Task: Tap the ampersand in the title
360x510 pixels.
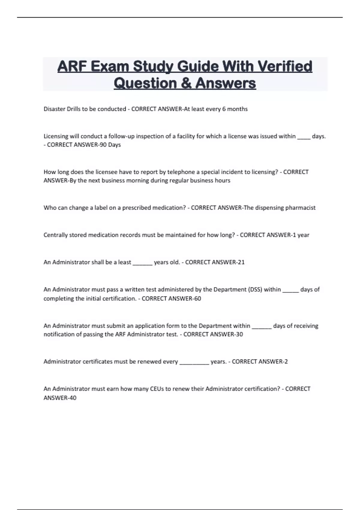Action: [x=186, y=83]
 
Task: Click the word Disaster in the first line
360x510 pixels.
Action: [x=54, y=109]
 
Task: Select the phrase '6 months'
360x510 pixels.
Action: [x=235, y=109]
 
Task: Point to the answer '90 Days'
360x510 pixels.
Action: [x=110, y=145]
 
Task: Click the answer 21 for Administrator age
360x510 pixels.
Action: [x=241, y=262]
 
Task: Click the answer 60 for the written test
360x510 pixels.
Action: [x=197, y=298]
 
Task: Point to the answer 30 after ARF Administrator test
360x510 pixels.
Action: [x=239, y=334]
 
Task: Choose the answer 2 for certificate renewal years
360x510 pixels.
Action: [x=286, y=361]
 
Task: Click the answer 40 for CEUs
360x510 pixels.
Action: [x=73, y=398]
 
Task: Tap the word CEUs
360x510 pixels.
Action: [x=156, y=389]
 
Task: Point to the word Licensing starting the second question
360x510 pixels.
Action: [x=56, y=136]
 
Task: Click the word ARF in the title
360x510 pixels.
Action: [x=72, y=66]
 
